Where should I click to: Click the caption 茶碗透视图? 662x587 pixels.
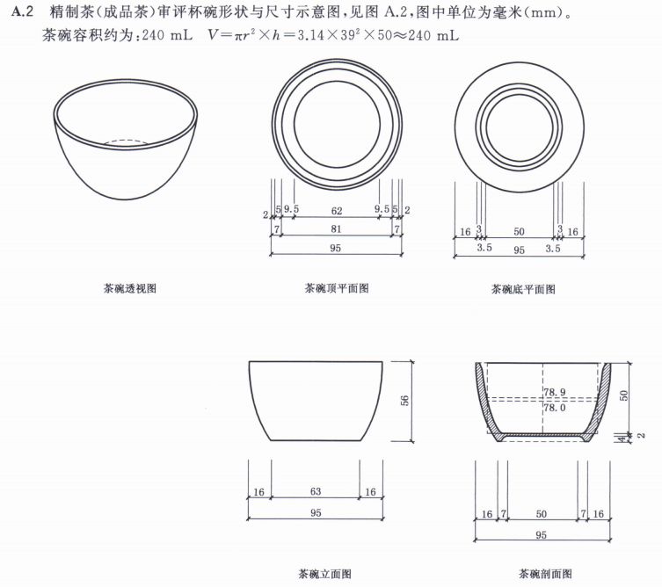[x=130, y=288]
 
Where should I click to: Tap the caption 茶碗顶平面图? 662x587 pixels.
[x=337, y=288]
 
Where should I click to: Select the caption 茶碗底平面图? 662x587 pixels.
[x=523, y=289]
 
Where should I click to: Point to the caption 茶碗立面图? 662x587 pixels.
[x=325, y=574]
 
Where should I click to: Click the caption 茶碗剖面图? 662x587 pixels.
[x=545, y=574]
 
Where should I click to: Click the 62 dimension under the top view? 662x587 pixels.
[x=337, y=211]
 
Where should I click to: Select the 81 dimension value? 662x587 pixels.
[x=336, y=228]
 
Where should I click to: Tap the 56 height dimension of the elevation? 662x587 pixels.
[x=404, y=401]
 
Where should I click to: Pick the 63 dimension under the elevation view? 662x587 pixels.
[x=316, y=491]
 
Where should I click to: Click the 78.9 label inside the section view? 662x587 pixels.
[x=555, y=392]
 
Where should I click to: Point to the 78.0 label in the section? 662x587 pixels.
[x=555, y=408]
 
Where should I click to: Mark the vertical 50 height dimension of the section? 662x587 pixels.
[x=624, y=395]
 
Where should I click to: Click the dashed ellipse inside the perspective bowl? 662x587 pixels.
[x=126, y=142]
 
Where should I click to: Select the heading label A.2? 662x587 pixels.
[x=22, y=11]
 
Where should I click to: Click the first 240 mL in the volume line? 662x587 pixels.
[x=167, y=34]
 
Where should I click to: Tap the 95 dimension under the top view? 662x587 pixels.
[x=335, y=248]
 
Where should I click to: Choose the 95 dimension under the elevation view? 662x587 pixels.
[x=316, y=512]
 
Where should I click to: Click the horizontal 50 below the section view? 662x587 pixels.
[x=542, y=514]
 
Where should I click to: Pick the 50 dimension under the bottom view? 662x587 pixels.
[x=519, y=231]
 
